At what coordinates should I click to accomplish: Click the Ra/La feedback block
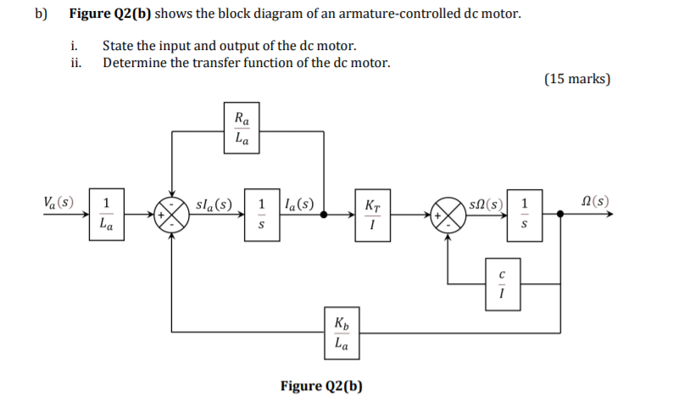coord(242,129)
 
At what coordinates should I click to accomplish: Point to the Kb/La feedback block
coord(340,333)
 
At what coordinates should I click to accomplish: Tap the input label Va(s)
coord(58,203)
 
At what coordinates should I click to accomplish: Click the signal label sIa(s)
coord(213,204)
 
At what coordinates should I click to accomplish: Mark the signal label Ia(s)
coord(298,204)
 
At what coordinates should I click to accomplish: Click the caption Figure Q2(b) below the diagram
coord(321,387)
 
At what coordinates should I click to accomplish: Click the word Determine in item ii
coord(134,63)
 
